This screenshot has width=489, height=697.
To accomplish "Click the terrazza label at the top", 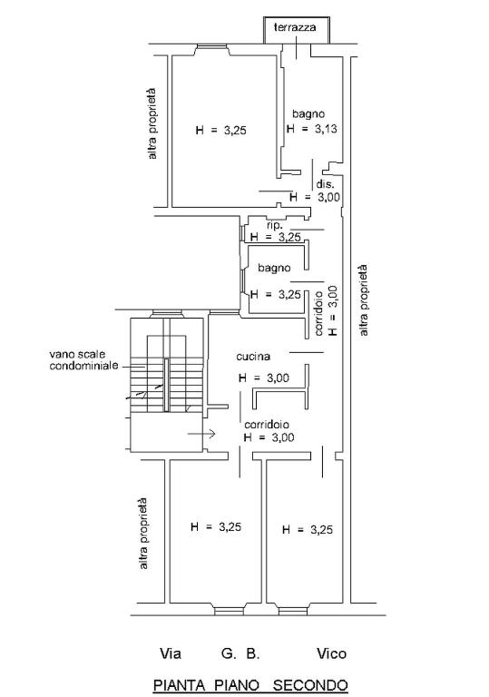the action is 295,27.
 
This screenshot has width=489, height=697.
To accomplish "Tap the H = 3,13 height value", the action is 311,129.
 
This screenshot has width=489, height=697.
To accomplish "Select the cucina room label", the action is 253,357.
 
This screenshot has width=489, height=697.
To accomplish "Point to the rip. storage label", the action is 275,226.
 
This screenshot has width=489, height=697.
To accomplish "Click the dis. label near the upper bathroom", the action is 324,184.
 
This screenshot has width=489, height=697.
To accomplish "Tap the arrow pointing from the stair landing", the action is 201,434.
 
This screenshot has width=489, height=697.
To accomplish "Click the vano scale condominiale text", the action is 83,360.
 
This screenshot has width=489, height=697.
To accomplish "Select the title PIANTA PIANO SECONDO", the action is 250,685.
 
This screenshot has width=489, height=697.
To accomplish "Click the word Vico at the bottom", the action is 331,653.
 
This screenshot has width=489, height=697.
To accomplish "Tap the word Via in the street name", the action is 171,653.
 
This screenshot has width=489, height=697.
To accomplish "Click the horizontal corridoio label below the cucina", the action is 267,425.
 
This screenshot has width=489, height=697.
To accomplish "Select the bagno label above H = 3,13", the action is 308,113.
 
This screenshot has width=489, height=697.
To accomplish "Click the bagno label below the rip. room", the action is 274,268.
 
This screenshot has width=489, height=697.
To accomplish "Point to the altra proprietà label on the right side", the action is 363,300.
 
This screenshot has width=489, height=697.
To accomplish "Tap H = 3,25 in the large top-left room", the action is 221,131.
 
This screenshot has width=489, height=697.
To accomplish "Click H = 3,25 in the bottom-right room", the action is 308,530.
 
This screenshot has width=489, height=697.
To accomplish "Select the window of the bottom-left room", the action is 229,611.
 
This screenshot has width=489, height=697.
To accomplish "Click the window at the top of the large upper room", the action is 213,46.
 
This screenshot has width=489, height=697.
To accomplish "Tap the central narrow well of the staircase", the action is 166,385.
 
